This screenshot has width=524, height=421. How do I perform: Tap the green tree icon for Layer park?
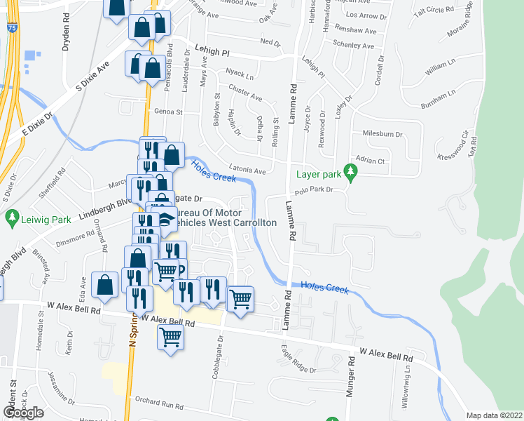[353, 171]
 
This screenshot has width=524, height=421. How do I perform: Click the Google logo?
[23, 413]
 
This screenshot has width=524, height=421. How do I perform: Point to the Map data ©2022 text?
[495, 415]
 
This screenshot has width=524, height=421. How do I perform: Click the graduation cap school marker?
[164, 218]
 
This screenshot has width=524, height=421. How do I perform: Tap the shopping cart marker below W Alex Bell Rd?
[171, 338]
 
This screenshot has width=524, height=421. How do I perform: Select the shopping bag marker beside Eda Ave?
[104, 284]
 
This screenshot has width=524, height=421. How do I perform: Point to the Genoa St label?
[168, 112]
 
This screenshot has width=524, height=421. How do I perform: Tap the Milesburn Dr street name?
[382, 133]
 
